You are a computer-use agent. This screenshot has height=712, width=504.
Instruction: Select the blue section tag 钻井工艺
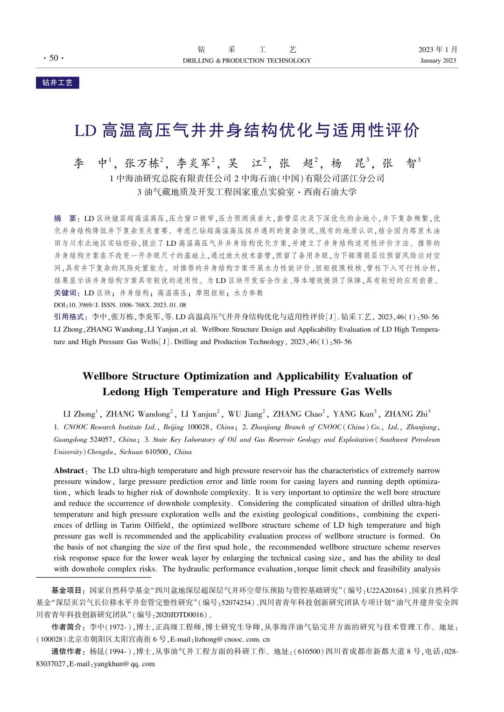(x=57, y=83)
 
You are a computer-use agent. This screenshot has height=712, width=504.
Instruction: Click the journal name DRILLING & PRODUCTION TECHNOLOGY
(x=246, y=61)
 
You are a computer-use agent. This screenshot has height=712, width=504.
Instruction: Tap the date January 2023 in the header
(x=438, y=61)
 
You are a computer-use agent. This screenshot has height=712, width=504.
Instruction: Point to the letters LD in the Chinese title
(x=85, y=131)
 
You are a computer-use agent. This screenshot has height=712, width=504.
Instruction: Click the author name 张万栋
(x=142, y=163)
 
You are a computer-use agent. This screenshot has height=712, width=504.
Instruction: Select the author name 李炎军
(x=193, y=163)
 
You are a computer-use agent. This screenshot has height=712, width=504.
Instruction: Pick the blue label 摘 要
(x=67, y=218)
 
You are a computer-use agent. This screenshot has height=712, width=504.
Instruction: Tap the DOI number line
(x=120, y=305)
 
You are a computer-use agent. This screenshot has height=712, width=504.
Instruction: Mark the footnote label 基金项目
(x=68, y=590)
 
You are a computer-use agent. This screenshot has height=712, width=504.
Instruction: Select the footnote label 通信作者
(x=68, y=651)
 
